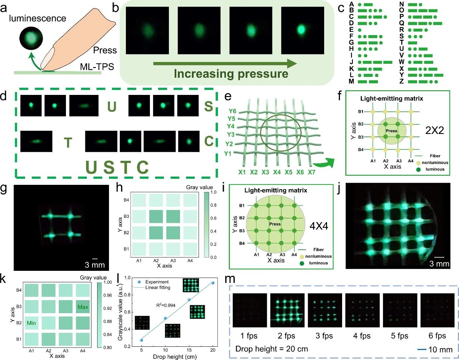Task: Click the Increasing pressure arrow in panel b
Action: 225,64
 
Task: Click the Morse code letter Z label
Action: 402,81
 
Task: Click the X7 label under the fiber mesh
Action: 312,172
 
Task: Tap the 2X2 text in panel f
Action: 434,130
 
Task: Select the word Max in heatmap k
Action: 83,307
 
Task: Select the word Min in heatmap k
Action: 31,323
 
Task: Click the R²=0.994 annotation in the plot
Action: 165,305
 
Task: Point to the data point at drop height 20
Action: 213,283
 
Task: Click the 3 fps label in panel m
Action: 324,336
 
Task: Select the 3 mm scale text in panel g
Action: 95,265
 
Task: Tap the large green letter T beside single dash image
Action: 68,143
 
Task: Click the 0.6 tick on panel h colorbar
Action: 214,218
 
